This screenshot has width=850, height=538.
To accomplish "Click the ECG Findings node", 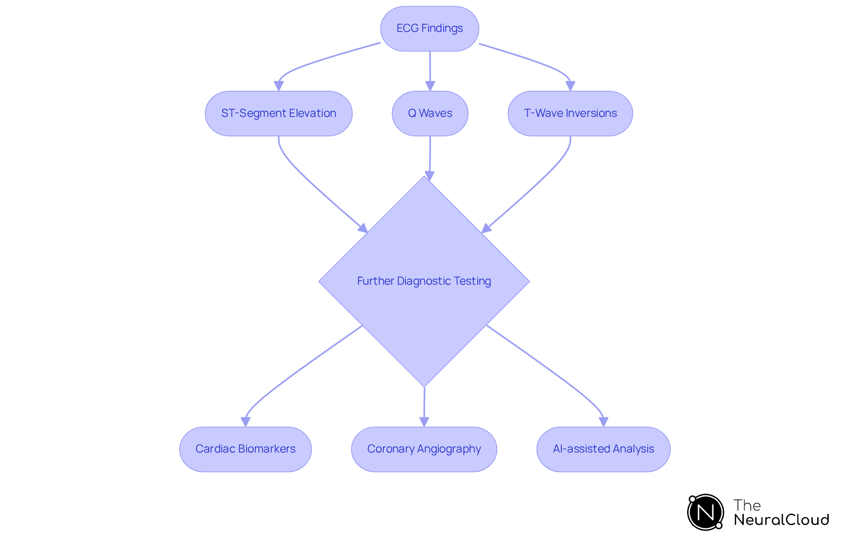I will [429, 28].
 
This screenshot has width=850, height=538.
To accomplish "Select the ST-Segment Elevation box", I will [278, 113].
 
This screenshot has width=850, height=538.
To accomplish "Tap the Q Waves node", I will [430, 113].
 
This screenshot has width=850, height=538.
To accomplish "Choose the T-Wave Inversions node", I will [570, 113].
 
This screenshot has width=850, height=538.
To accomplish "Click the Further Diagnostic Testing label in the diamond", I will [424, 281].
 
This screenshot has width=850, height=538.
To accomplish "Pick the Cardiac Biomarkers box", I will [245, 449].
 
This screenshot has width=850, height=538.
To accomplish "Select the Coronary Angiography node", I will [424, 449].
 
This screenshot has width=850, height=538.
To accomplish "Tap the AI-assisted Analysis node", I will [603, 449].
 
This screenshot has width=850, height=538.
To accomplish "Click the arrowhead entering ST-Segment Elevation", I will [278, 86].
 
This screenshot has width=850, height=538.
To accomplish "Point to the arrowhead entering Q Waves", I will [430, 86].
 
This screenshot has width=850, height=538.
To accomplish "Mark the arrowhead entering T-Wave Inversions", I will [570, 86].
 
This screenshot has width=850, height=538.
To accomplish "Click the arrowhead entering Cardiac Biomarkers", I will [246, 422].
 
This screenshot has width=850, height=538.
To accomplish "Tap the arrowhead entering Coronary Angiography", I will [424, 422].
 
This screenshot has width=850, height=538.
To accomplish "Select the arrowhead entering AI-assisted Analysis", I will [603, 422].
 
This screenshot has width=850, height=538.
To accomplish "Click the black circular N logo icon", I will [705, 512].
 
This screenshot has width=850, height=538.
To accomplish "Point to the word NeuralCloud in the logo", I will [781, 520].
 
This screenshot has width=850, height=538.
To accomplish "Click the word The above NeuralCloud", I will [747, 505].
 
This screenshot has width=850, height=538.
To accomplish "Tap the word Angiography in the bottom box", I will [449, 449].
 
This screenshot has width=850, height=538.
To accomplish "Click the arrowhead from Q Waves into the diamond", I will [429, 176].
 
